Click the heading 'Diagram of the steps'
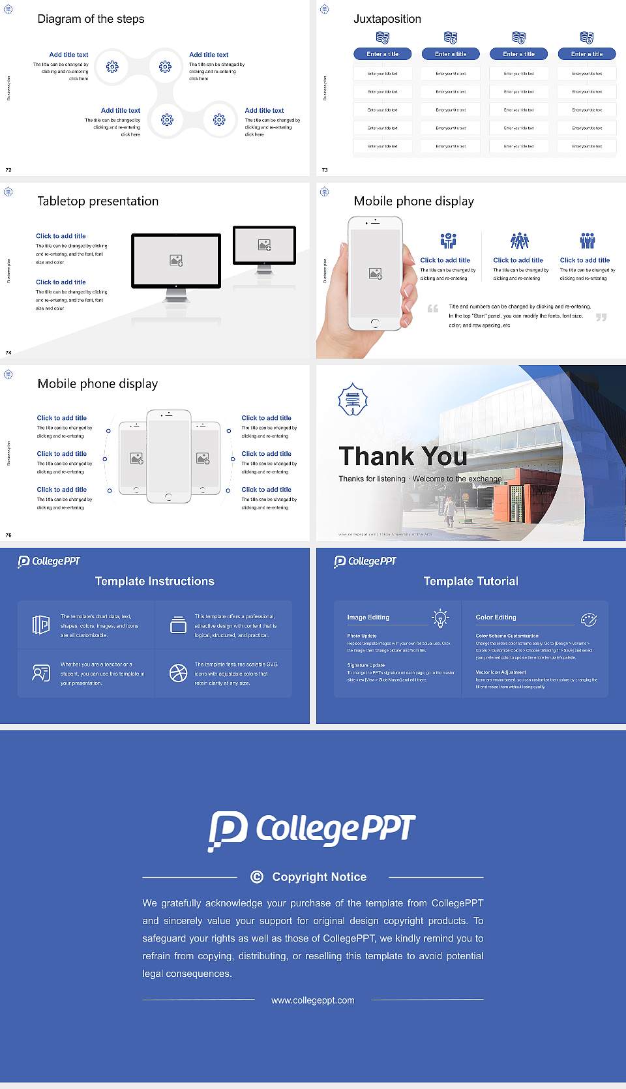pyautogui.click(x=91, y=19)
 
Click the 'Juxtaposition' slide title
pyautogui.click(x=387, y=19)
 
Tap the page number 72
pyautogui.click(x=8, y=170)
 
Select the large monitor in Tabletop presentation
pyautogui.click(x=176, y=261)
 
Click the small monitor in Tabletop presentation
pyautogui.click(x=264, y=245)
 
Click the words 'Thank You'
pyautogui.click(x=402, y=456)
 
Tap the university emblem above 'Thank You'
pyautogui.click(x=353, y=399)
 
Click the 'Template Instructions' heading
pyautogui.click(x=155, y=581)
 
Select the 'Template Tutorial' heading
pyautogui.click(x=471, y=581)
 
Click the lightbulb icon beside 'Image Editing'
pyautogui.click(x=440, y=618)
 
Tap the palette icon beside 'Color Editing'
pyautogui.click(x=589, y=619)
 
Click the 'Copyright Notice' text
pyautogui.click(x=319, y=877)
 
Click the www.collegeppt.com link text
pyautogui.click(x=313, y=1000)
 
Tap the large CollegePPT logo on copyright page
pyautogui.click(x=312, y=830)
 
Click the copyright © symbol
pyautogui.click(x=257, y=877)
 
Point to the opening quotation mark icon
pyautogui.click(x=432, y=308)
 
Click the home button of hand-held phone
pyautogui.click(x=374, y=323)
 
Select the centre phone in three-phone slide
pyautogui.click(x=168, y=456)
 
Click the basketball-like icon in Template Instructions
pyautogui.click(x=178, y=673)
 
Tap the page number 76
pyautogui.click(x=8, y=535)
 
